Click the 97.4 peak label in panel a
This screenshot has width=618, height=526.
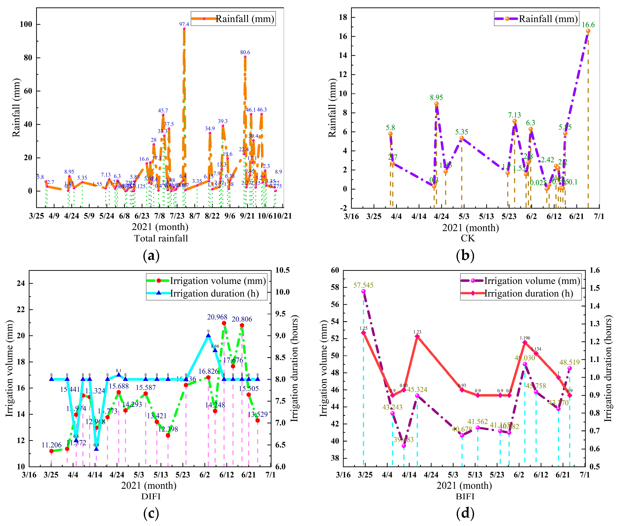(184, 24)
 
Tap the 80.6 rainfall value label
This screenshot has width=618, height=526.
(245, 52)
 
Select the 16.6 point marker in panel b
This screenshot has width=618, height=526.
(588, 31)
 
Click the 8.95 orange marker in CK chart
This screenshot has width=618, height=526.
(436, 104)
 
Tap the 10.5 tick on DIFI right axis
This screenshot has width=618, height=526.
(282, 270)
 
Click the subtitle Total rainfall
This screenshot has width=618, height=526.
(161, 238)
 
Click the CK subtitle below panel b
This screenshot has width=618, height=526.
(467, 238)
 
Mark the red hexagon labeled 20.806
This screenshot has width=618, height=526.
(242, 325)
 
